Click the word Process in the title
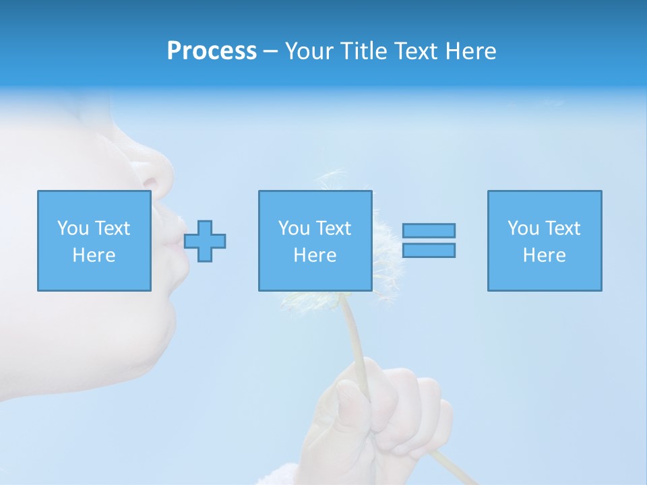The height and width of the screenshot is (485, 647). click(212, 51)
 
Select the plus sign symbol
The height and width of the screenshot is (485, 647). click(205, 241)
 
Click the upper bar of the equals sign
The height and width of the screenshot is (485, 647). click(429, 230)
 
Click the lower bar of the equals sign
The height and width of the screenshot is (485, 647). click(429, 250)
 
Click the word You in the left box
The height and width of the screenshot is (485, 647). click(72, 228)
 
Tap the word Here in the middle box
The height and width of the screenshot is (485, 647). click(315, 255)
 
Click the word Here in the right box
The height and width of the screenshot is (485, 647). click(545, 255)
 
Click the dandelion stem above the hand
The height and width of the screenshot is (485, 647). click(355, 330)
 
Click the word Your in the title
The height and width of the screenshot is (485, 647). click(310, 51)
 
